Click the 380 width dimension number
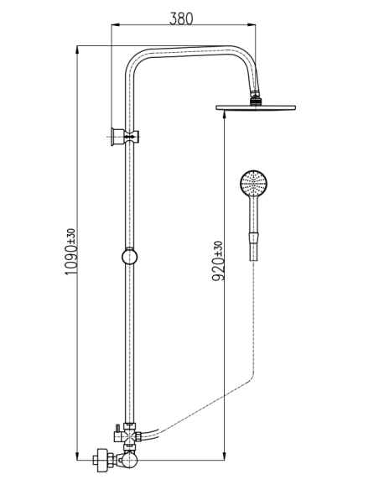click(181, 18)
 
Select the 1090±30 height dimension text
click(70, 252)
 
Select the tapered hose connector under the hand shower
click(253, 247)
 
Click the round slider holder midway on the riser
click(129, 257)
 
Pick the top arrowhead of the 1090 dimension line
click(77, 49)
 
